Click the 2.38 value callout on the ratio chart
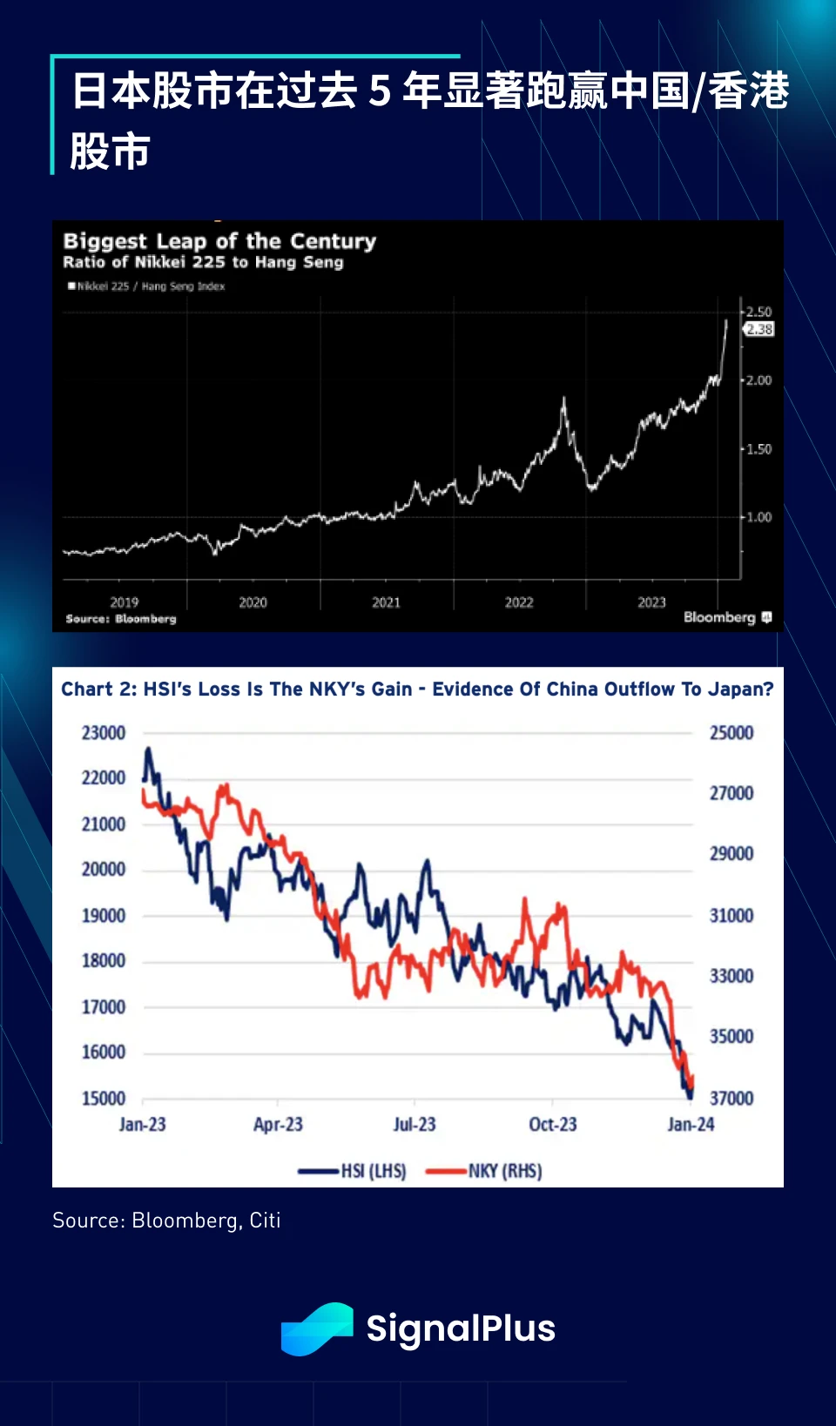click(759, 329)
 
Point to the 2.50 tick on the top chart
click(758, 312)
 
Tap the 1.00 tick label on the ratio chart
click(758, 517)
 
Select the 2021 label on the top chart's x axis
click(386, 602)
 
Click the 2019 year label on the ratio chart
click(124, 602)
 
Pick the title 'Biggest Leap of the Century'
click(219, 241)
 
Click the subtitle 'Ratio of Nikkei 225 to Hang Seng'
click(203, 262)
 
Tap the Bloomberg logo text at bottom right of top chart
click(719, 617)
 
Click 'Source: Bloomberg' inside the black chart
click(121, 619)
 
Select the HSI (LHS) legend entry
click(353, 1171)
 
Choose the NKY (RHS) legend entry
click(484, 1171)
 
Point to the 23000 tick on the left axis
click(104, 733)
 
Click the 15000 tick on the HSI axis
click(104, 1099)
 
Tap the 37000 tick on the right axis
click(731, 1099)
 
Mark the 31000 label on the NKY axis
click(731, 916)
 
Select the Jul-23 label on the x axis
click(415, 1125)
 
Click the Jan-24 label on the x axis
click(691, 1125)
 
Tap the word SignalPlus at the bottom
click(461, 1328)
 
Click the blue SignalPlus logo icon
click(317, 1328)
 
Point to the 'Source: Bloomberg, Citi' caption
click(166, 1221)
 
